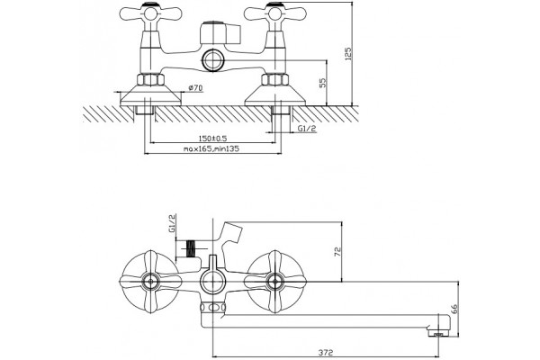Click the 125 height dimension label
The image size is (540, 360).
(347, 55)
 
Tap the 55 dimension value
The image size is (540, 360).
(322, 83)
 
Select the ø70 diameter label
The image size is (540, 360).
(195, 88)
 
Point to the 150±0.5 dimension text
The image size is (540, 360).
(212, 139)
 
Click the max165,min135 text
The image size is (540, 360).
(211, 148)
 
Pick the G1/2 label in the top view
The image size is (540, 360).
(307, 129)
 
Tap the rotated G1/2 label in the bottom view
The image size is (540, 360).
(172, 223)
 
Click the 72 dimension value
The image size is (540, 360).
(337, 251)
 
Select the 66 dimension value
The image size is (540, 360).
(454, 309)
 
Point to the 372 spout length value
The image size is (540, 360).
(325, 353)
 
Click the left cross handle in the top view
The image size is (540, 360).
(150, 13)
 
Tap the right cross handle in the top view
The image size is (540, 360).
(274, 13)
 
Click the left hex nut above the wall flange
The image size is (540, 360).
(150, 79)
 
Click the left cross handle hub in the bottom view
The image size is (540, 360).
(150, 282)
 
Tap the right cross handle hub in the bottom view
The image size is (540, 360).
(274, 282)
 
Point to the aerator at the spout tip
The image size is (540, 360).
(438, 333)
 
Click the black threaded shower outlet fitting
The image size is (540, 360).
(190, 248)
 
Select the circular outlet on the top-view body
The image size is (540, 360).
(213, 60)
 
